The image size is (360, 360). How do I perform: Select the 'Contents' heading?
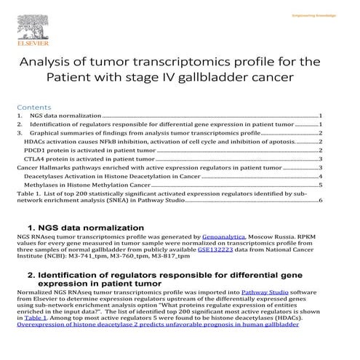point(33,106)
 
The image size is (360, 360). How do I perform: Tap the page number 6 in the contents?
point(320,200)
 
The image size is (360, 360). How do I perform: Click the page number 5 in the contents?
point(320,185)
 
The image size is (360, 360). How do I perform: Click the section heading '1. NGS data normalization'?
point(80,227)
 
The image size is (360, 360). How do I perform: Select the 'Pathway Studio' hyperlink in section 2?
point(263,290)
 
